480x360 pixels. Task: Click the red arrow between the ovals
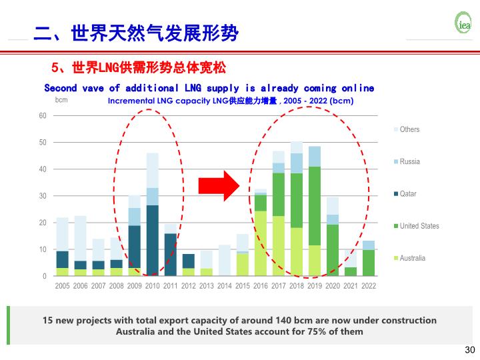click(218, 185)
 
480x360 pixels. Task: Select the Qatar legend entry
click(407, 194)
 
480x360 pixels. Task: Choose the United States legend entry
click(419, 226)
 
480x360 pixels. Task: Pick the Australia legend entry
click(412, 258)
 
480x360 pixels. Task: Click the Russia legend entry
click(409, 162)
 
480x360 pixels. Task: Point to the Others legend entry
click(409, 129)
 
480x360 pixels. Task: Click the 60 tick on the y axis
click(43, 116)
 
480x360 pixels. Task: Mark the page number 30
click(469, 350)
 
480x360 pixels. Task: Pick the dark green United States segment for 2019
click(315, 206)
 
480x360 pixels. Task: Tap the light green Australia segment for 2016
click(261, 243)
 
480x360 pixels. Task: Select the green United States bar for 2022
click(369, 263)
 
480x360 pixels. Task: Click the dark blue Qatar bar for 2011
click(171, 254)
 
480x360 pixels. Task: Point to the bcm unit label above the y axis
click(61, 101)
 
